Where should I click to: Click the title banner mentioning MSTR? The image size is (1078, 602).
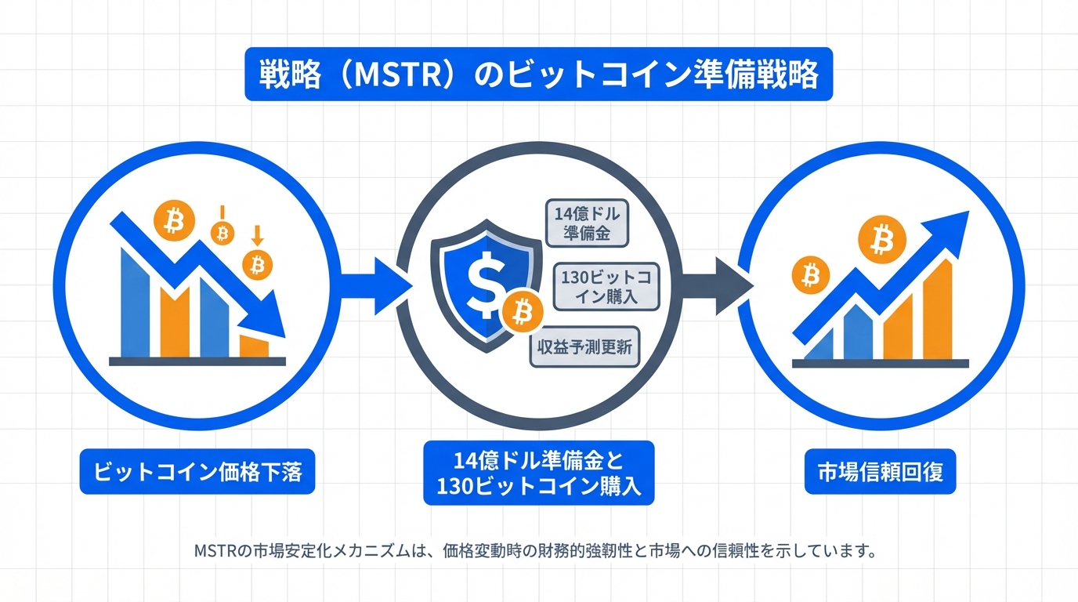click(538, 75)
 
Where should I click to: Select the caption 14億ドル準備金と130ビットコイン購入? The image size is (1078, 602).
click(538, 472)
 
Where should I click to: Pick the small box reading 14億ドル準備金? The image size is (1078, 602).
click(587, 222)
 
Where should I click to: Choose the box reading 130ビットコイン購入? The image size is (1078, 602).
click(607, 285)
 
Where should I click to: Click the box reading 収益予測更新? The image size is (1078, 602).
click(584, 346)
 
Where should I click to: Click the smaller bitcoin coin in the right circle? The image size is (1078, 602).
click(811, 274)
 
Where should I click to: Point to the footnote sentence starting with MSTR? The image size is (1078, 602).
click(534, 549)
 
